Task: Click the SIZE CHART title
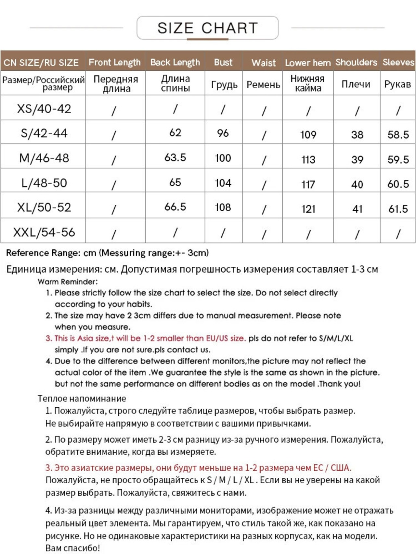tap(208, 28)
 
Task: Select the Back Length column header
tap(175, 62)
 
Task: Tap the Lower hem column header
tap(307, 62)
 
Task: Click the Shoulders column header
tap(356, 62)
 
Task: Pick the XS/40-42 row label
tap(44, 108)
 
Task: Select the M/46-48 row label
tap(44, 158)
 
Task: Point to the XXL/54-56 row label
tap(44, 232)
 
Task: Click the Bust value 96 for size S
tap(223, 133)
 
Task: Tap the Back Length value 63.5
tap(175, 157)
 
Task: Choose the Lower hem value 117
tap(308, 184)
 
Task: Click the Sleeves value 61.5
tap(398, 209)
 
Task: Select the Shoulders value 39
tap(357, 159)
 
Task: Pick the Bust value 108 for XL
tap(223, 207)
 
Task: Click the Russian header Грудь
tap(224, 84)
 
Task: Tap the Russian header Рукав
tap(397, 84)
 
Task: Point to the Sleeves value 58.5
tap(398, 134)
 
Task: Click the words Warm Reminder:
tap(68, 282)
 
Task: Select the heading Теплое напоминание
tap(82, 398)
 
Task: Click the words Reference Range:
tap(43, 253)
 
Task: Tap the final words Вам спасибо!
tap(72, 548)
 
